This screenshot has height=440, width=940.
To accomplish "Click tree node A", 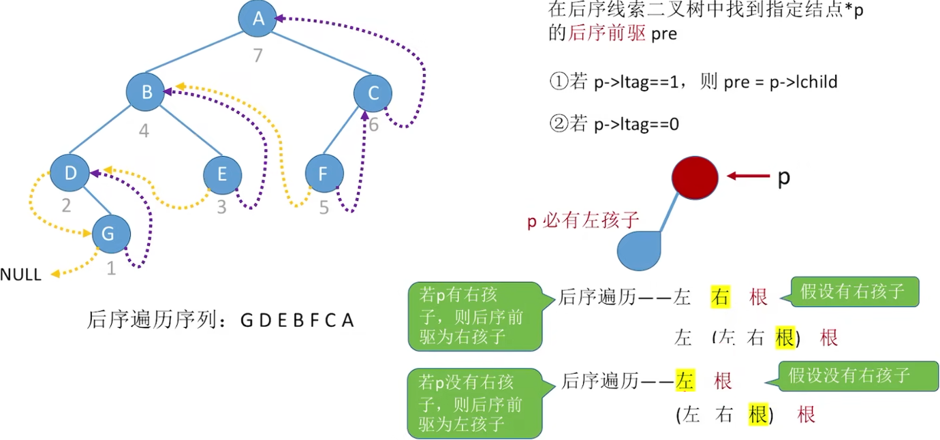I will pos(257,18).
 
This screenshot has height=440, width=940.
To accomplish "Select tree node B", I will pos(146,93).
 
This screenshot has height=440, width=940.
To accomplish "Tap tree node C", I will pos(373,93).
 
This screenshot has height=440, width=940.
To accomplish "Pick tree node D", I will pos(70,173).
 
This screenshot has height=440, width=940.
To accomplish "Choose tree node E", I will pos(223,174).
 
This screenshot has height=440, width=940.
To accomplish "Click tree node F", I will pos(324,174).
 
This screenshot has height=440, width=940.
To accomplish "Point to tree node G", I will pos(110,234).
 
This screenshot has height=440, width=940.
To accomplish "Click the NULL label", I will pos(20,275).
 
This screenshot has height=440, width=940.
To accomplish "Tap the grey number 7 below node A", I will pos(257,56).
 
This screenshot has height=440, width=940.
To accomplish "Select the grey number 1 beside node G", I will pos(112,269).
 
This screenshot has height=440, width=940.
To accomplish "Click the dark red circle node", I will pos(695,176).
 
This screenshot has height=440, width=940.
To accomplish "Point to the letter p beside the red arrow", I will pos(784,177).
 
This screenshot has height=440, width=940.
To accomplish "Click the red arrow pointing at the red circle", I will pos(748,176).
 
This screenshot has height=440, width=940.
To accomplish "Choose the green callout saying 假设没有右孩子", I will pos(848,375).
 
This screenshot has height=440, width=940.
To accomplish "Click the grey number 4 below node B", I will pos(144,130).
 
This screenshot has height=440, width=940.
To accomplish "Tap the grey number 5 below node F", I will pos(324,207).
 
